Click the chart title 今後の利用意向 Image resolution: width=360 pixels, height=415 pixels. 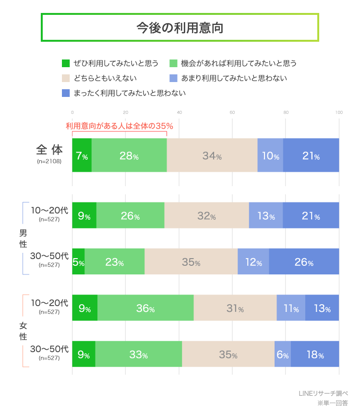click(180, 27)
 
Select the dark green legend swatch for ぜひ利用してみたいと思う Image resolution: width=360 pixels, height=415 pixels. click(66, 63)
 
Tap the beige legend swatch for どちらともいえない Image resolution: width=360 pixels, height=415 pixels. click(66, 78)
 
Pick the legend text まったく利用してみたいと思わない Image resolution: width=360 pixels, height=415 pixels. click(130, 93)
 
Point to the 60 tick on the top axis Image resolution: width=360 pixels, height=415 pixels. click(232, 113)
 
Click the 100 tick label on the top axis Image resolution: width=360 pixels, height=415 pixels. click(339, 113)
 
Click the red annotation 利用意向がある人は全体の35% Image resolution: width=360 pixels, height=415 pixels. click(119, 126)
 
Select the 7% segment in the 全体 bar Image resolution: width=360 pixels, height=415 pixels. click(82, 155)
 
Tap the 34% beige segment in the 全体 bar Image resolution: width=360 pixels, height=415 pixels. click(212, 155)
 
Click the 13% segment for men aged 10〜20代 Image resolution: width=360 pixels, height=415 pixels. click(265, 216)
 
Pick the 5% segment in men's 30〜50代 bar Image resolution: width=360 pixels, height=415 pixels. click(78, 262)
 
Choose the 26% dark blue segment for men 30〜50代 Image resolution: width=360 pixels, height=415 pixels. click(304, 262)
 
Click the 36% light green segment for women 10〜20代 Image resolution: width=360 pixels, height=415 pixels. click(145, 308)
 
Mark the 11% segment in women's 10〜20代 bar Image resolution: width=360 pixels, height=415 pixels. click(291, 308)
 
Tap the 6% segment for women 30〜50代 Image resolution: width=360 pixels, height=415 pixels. click(283, 354)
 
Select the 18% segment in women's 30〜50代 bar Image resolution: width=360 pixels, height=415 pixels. click(315, 354)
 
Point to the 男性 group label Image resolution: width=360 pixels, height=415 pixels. click(23, 238)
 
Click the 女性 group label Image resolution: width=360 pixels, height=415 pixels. click(23, 331)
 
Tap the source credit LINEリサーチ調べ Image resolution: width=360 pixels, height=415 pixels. click(323, 393)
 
